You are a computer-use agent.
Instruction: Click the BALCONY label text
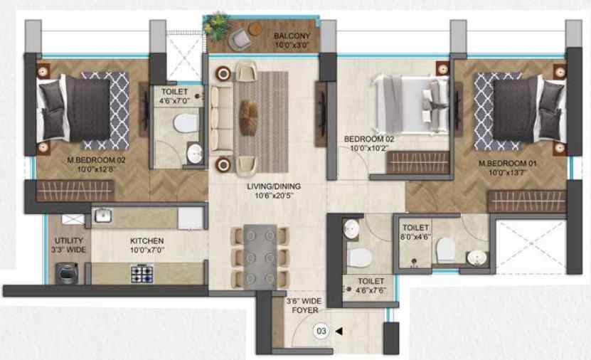click(292, 36)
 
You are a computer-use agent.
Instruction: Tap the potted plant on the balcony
click(216, 26)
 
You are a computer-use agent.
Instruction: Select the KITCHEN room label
click(147, 241)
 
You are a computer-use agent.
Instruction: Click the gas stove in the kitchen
click(142, 274)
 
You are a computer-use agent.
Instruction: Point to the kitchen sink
click(103, 216)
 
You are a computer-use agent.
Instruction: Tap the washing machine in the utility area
click(67, 273)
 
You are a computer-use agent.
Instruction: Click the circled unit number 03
click(321, 332)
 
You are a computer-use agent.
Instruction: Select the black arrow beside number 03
click(339, 332)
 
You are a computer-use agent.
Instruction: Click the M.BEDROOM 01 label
click(507, 164)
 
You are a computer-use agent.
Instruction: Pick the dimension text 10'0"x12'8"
click(96, 169)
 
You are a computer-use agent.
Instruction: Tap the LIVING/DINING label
click(274, 186)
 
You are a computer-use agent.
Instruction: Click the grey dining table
click(260, 257)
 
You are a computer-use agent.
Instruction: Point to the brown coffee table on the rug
click(248, 117)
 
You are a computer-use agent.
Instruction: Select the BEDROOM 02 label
click(369, 139)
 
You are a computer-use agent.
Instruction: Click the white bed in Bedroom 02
click(410, 104)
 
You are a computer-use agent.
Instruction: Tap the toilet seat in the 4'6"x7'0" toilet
click(186, 123)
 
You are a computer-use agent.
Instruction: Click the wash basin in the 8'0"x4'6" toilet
click(476, 258)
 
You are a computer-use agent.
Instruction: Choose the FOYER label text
click(305, 310)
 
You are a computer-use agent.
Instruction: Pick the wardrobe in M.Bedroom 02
click(75, 191)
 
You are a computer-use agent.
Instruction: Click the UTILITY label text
click(68, 240)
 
